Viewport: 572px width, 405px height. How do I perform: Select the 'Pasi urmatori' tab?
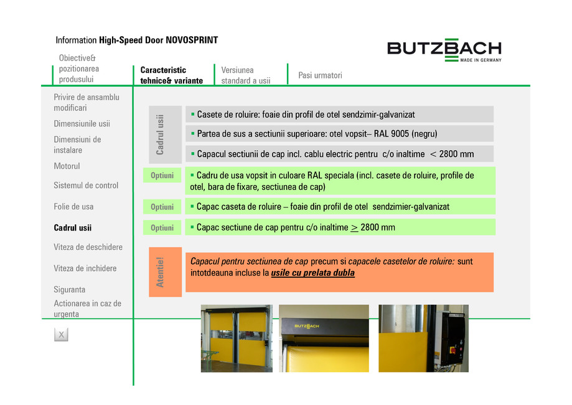click(320, 75)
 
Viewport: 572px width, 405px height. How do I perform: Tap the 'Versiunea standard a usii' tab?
click(246, 75)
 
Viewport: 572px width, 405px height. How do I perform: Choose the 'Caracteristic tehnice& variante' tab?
click(171, 75)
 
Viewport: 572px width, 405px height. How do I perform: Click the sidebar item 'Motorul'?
click(67, 166)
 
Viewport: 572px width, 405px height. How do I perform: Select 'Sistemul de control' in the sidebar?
click(86, 186)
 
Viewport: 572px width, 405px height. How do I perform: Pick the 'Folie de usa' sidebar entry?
click(73, 207)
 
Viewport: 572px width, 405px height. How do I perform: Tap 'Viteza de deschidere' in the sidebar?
click(88, 247)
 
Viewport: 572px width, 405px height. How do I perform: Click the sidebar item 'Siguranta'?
click(70, 290)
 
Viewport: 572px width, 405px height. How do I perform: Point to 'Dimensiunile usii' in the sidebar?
click(82, 124)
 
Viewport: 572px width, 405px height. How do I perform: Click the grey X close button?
click(61, 335)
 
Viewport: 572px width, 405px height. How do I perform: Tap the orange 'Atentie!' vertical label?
click(160, 272)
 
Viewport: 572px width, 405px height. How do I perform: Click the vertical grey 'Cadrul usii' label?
click(160, 134)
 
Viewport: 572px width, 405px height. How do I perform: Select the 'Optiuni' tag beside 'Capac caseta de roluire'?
click(162, 207)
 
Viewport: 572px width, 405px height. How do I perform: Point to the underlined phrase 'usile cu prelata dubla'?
click(313, 274)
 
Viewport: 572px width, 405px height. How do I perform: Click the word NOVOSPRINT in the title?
click(192, 40)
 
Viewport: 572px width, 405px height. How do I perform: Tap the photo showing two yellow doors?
click(236, 338)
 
